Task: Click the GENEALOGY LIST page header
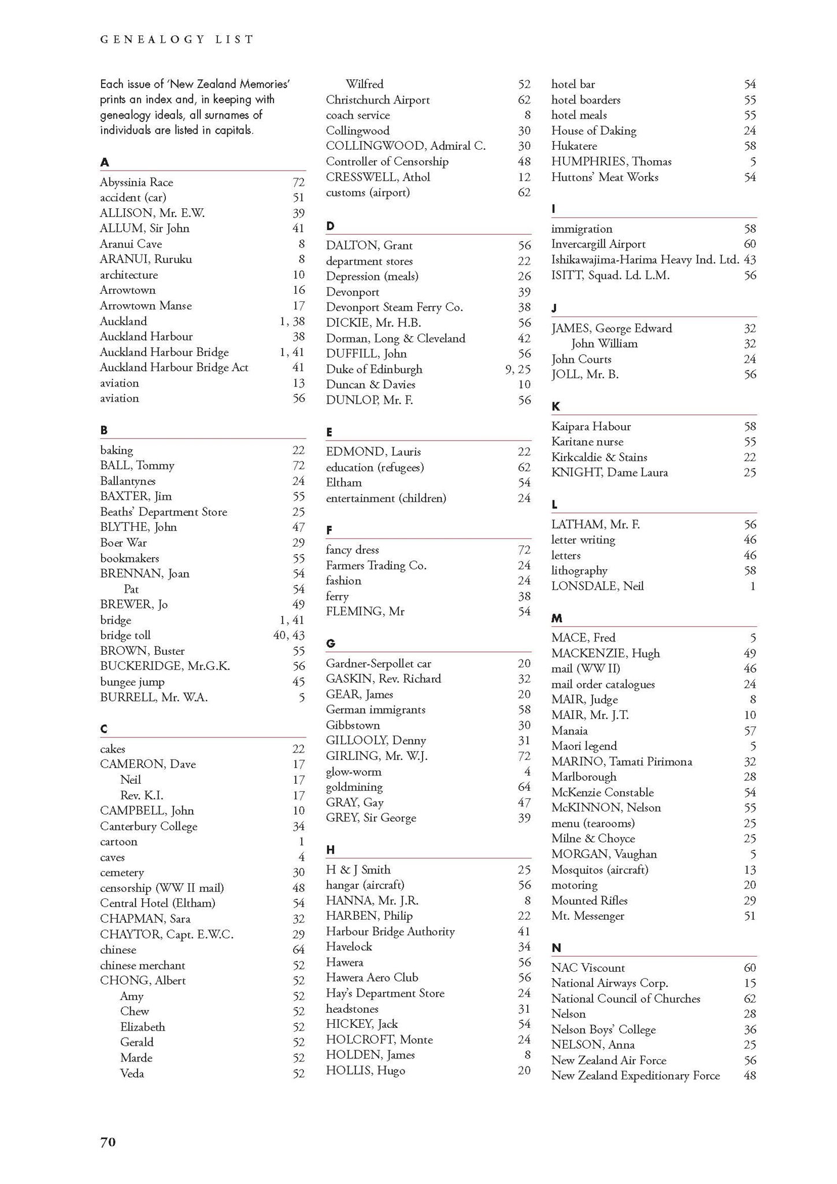[x=177, y=39]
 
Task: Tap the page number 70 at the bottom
[x=108, y=1142]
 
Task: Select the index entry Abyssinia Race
[x=136, y=182]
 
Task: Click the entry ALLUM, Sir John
[x=145, y=228]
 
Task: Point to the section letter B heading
[x=104, y=430]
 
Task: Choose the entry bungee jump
[x=132, y=682]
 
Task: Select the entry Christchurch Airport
[x=377, y=100]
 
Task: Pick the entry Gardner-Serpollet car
[x=379, y=663]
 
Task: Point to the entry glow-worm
[x=354, y=772]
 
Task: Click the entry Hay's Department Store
[x=385, y=993]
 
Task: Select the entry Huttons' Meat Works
[x=605, y=178]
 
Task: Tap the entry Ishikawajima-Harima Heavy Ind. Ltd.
[x=645, y=260]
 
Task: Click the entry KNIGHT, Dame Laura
[x=610, y=473]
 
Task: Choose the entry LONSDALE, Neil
[x=597, y=586]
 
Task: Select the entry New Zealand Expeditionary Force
[x=635, y=1076]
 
